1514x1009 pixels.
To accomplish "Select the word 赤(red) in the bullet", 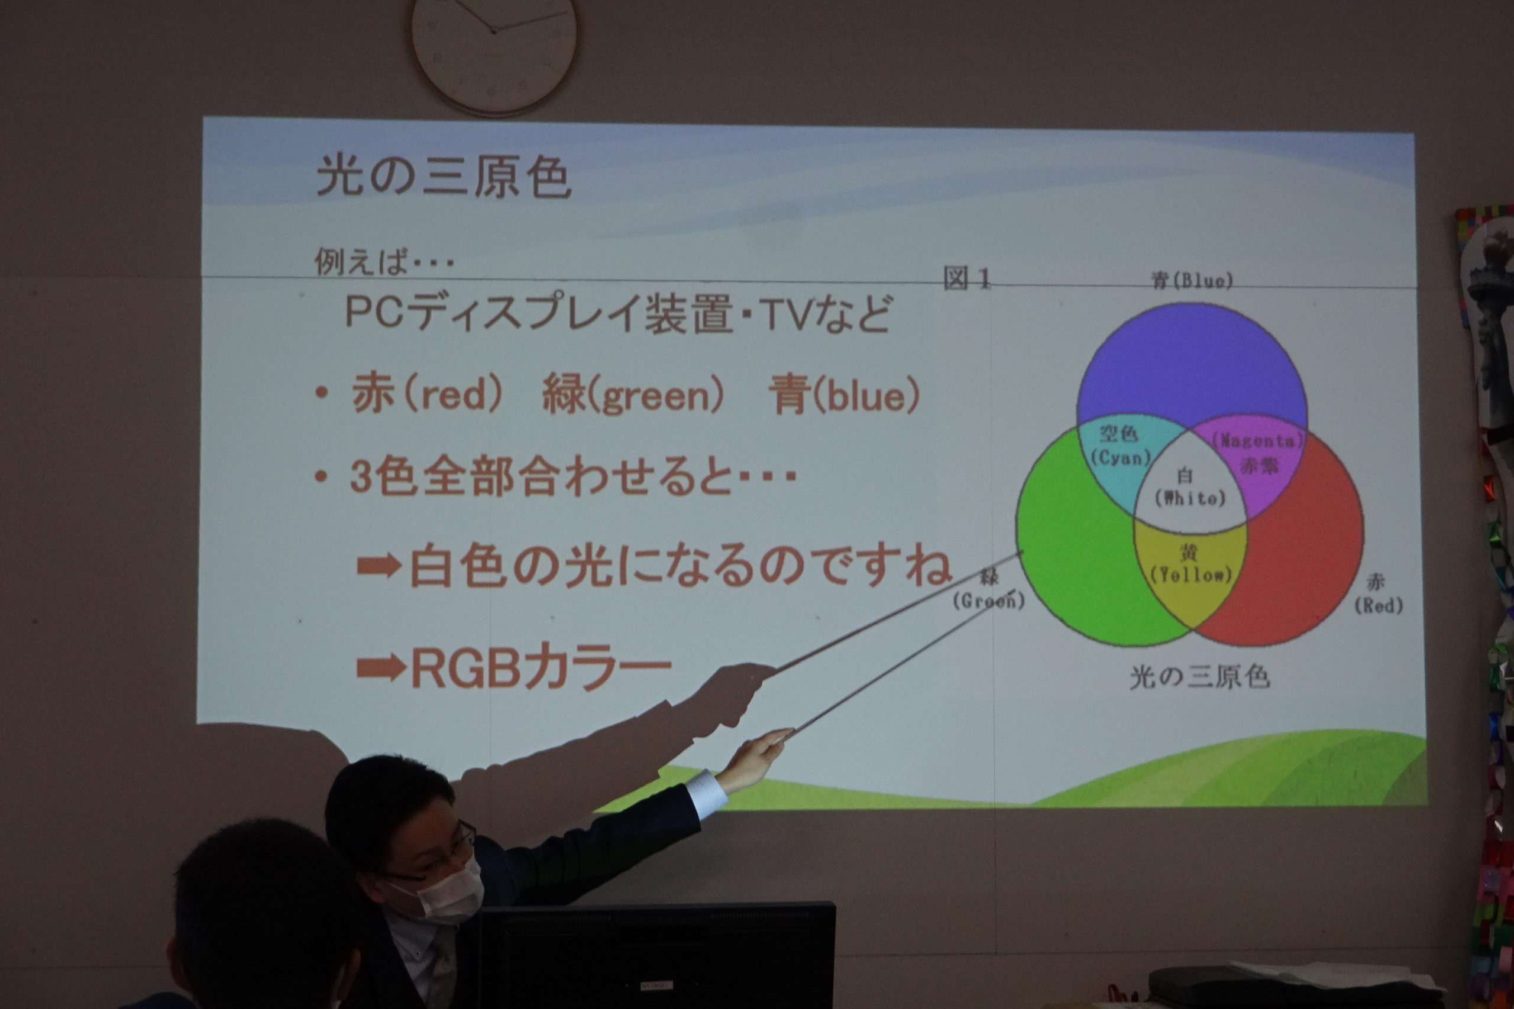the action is point(428,394).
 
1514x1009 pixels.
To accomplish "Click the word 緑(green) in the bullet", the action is point(633,394).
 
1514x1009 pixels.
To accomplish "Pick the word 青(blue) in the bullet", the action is point(845,395).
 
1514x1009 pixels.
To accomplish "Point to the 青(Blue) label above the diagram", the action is point(1192,281).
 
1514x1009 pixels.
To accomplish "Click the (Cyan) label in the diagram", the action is point(1121,458).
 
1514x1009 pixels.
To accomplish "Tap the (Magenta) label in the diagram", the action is point(1258,441).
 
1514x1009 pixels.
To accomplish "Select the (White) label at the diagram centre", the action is point(1191,498).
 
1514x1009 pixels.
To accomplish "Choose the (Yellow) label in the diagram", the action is point(1191,575).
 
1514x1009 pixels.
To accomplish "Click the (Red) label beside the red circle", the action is point(1379,605).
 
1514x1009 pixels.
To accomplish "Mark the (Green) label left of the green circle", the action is point(989,601).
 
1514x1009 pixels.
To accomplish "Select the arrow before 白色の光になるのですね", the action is point(380,566).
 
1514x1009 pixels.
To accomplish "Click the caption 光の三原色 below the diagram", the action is point(1200,677).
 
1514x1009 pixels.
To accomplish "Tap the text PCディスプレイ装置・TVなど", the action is point(619,313).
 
